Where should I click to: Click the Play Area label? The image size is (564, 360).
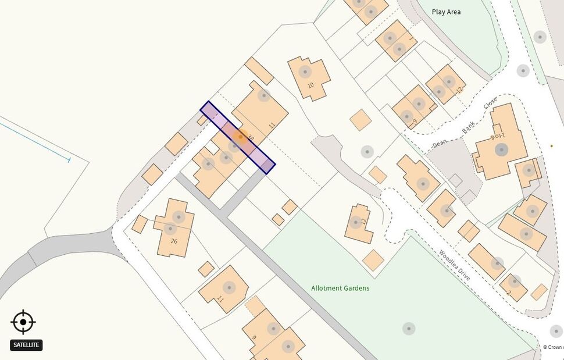[x=446, y=12]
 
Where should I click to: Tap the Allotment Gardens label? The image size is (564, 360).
[x=340, y=288]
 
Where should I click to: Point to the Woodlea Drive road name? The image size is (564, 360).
[x=454, y=265]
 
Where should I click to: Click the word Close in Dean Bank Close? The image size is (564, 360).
[x=490, y=104]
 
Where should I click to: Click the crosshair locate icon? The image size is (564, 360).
[x=23, y=322]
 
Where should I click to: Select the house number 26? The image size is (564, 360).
[x=173, y=241]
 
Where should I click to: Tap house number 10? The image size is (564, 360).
[x=310, y=85]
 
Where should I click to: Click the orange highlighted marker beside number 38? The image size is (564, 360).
[x=239, y=137]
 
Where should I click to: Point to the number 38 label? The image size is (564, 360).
[x=251, y=138]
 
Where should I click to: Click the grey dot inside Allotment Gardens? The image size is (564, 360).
[x=409, y=329]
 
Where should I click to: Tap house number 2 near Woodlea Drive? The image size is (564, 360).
[x=509, y=293]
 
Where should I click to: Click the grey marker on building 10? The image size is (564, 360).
[x=304, y=72]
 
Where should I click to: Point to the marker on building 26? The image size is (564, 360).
[x=178, y=218]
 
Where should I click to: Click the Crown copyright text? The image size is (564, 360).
[x=553, y=347]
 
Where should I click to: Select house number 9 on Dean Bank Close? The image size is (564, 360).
[x=414, y=123]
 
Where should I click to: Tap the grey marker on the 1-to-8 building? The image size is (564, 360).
[x=501, y=149]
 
